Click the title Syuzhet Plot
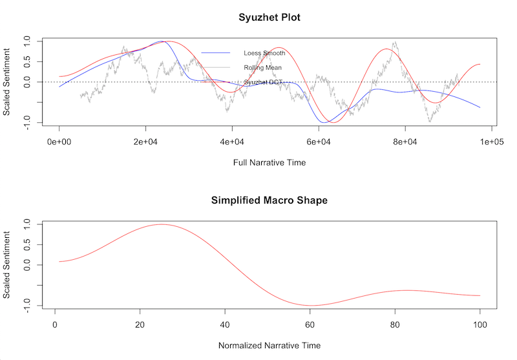click(x=269, y=17)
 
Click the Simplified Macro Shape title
click(x=269, y=200)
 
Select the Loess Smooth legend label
click(x=264, y=53)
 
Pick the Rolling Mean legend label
click(x=262, y=67)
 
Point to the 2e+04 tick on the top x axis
click(x=145, y=140)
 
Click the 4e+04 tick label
click(x=232, y=140)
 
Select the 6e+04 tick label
click(x=319, y=140)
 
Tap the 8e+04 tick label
click(x=405, y=140)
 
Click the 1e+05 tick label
click(x=491, y=140)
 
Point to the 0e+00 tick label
click(x=59, y=140)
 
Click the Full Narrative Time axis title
click(x=269, y=163)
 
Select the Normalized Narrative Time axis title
click(x=269, y=345)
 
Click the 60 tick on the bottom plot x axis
click(x=310, y=323)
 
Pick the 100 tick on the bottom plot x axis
click(x=480, y=323)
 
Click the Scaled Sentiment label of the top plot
click(x=6, y=82)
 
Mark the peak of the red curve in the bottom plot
click(x=161, y=224)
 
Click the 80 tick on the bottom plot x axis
click(x=395, y=323)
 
